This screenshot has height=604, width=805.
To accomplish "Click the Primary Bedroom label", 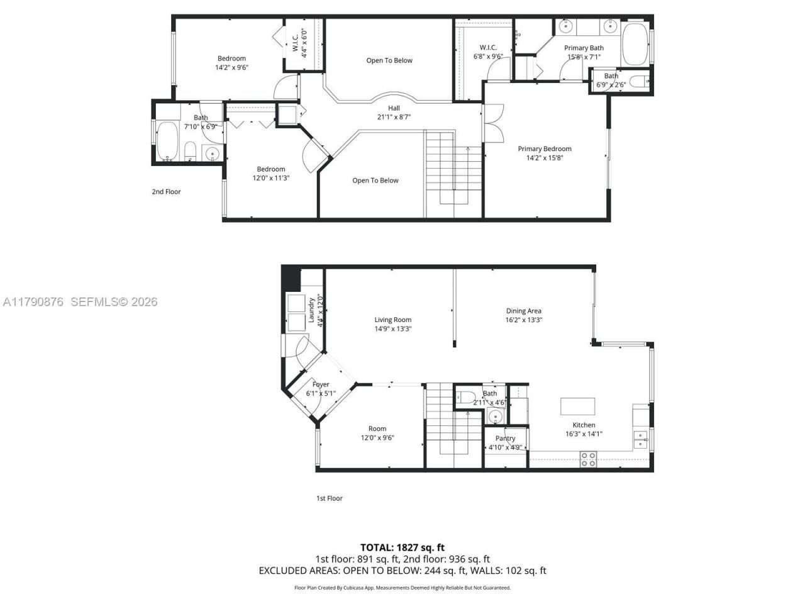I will click(x=545, y=149).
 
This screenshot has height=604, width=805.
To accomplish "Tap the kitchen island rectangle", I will click(x=578, y=406).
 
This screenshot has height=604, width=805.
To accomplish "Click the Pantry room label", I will click(x=505, y=439).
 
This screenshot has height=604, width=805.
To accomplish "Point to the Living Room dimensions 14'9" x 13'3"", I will click(x=393, y=328).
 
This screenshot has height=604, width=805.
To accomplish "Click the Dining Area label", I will click(x=524, y=311).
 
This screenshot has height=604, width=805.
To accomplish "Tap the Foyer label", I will click(x=321, y=384).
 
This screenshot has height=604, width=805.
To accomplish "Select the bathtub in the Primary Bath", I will click(x=635, y=45).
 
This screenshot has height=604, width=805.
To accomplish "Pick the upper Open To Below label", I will click(x=389, y=60).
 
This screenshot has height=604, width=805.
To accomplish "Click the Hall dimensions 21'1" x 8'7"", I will click(x=394, y=117).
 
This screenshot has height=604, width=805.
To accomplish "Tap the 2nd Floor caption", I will click(x=166, y=191).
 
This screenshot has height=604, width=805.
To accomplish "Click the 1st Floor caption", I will click(x=329, y=498).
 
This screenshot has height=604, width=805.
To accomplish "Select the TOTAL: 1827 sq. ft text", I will click(x=402, y=547).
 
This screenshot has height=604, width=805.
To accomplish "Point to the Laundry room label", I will click(x=311, y=310).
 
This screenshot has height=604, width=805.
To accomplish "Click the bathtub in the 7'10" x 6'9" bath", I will click(x=167, y=142).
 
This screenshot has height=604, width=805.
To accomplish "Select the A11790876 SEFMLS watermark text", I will click(x=80, y=302).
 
